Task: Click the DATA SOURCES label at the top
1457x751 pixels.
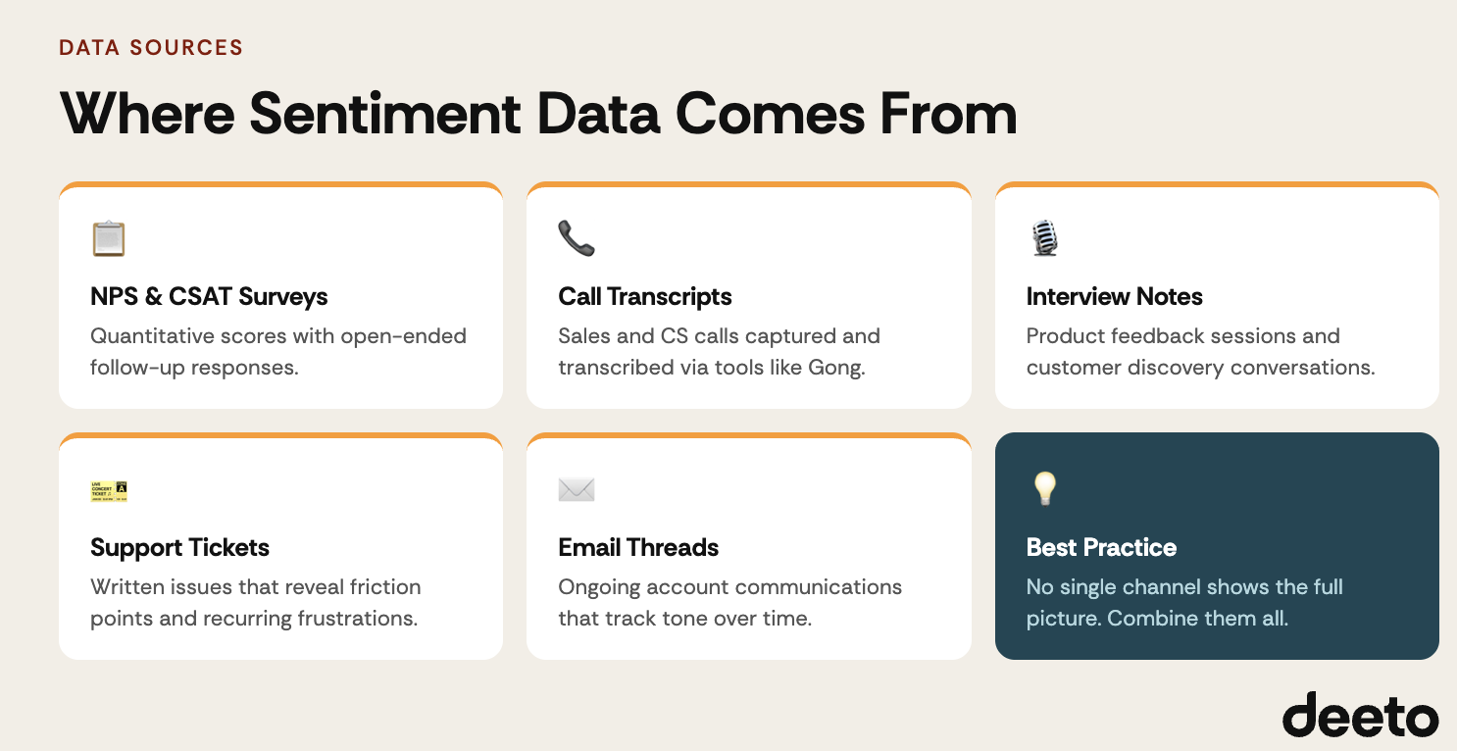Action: (x=151, y=47)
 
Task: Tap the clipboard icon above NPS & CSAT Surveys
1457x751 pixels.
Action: (x=109, y=238)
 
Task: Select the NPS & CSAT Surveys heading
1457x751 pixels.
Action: (x=209, y=296)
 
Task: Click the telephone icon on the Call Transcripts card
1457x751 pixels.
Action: (x=577, y=238)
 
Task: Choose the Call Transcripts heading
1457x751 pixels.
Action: (x=645, y=296)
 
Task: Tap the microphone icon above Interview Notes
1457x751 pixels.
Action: (x=1044, y=238)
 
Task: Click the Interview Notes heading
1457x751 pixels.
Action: (x=1114, y=296)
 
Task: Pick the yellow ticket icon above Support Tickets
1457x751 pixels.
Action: (x=109, y=490)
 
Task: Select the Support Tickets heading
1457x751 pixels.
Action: (x=179, y=547)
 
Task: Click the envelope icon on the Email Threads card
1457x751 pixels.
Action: (x=577, y=489)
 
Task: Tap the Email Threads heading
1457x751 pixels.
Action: (x=638, y=547)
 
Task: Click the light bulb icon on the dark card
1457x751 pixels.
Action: (x=1044, y=488)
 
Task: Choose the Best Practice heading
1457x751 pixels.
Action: (x=1101, y=547)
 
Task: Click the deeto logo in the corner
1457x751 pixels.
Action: (x=1360, y=715)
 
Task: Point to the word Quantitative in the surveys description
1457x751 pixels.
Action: (x=152, y=336)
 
